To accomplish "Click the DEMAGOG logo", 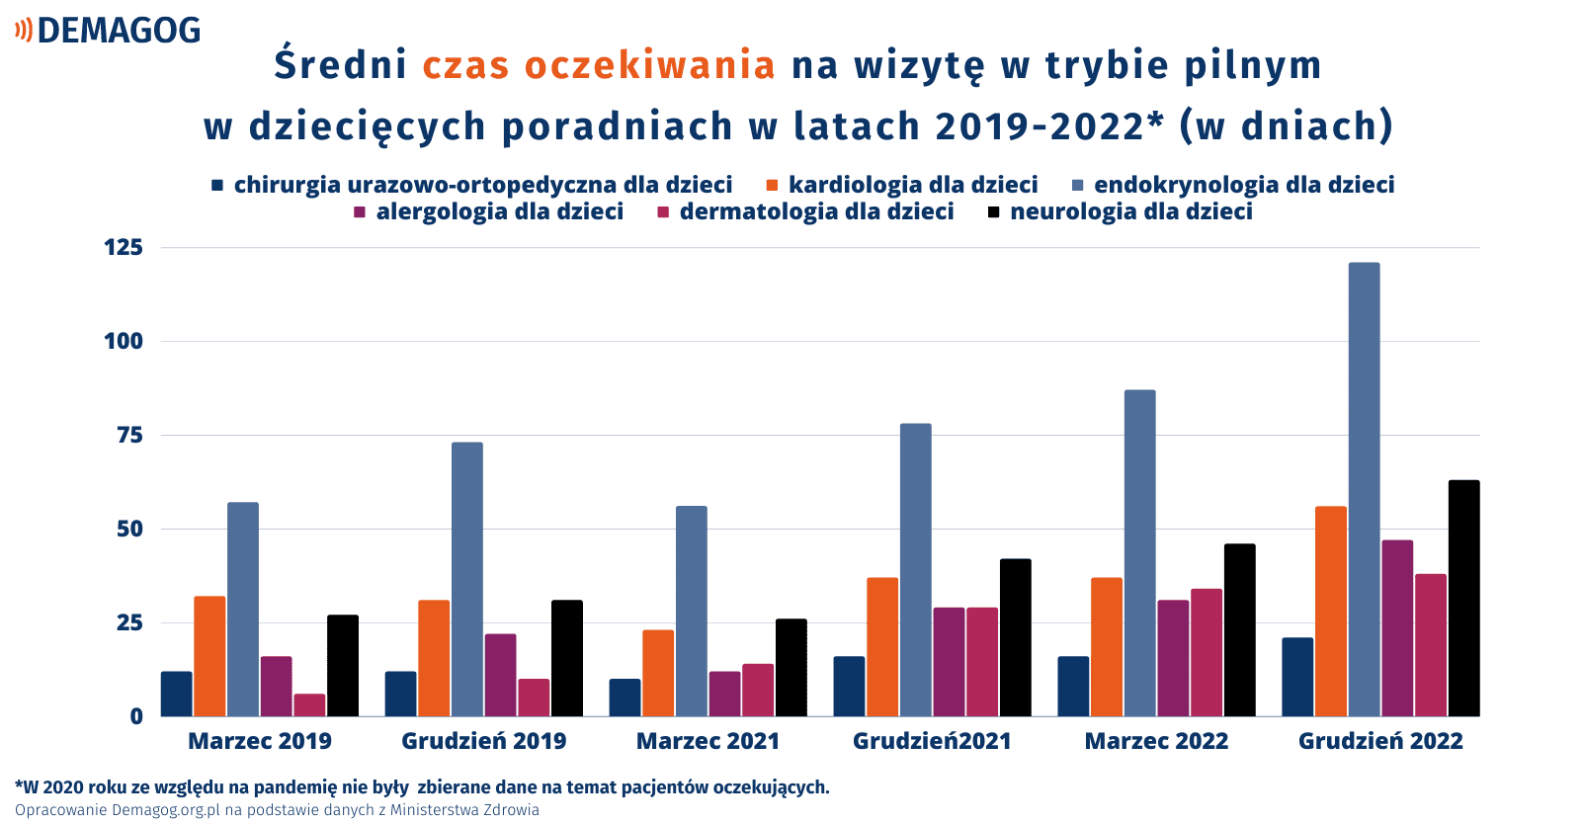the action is click(x=108, y=31).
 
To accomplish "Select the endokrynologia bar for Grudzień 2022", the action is click(x=1364, y=489).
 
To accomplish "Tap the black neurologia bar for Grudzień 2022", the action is click(x=1463, y=598).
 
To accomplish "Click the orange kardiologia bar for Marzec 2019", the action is click(x=209, y=656).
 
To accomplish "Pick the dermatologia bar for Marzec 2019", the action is click(x=309, y=704).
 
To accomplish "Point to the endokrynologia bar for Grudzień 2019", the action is click(x=467, y=579).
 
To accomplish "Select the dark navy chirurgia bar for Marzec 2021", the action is click(x=625, y=698).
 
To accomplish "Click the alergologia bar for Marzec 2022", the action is click(x=1173, y=658).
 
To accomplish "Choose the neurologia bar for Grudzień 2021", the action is click(x=1016, y=637).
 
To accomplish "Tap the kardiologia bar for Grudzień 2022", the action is click(x=1331, y=612).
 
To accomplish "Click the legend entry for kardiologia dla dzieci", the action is click(x=902, y=185).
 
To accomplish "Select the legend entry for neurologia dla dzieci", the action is click(x=1121, y=211).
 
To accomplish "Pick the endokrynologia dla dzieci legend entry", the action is click(x=1233, y=185).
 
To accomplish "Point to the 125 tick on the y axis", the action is click(x=124, y=247).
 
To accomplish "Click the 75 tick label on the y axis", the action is click(x=130, y=436).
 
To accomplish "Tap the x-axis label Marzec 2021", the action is click(x=708, y=741).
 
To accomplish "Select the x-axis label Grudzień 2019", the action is click(x=484, y=741).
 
